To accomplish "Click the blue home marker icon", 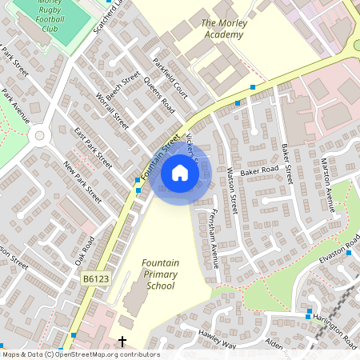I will click(x=180, y=172).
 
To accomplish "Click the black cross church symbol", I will click(x=122, y=342).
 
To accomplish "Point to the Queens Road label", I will click(x=158, y=94).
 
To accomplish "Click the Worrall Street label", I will click(x=112, y=110).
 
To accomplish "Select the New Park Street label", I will click(x=83, y=182).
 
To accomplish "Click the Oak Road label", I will click(x=85, y=250).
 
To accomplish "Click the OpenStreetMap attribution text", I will click(x=80, y=354).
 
